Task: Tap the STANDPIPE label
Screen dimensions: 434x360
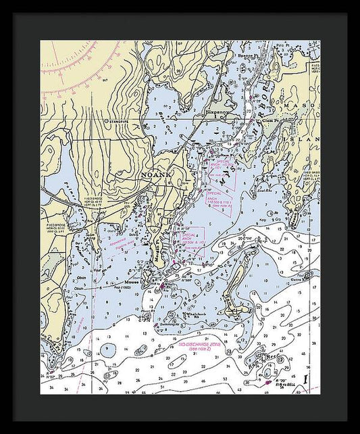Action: [x=117, y=122]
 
